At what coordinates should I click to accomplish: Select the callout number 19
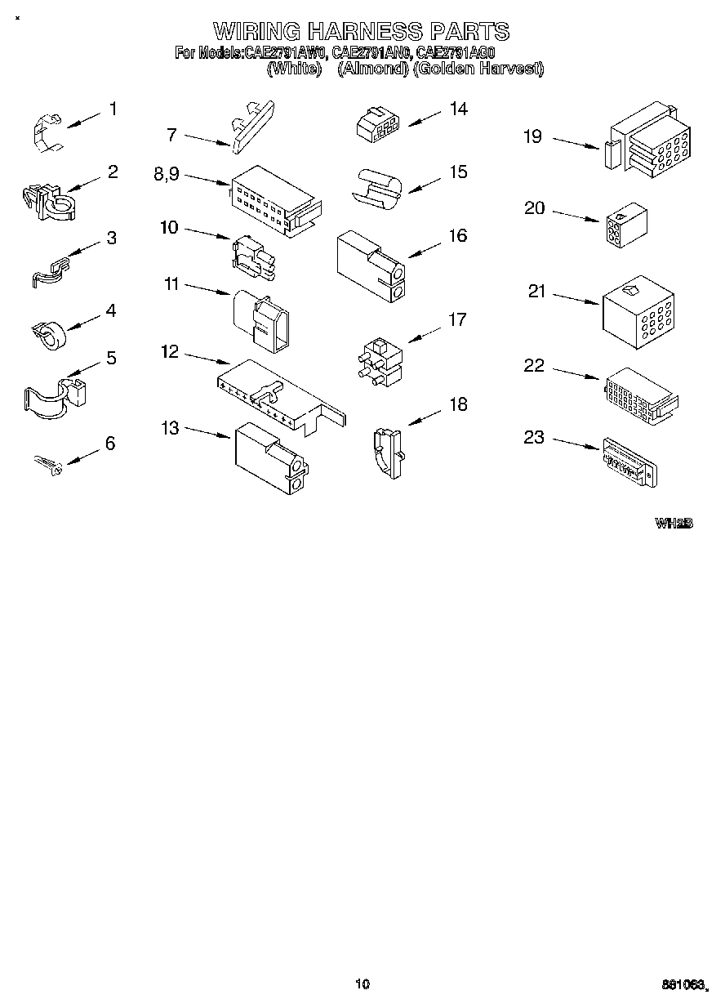point(532,136)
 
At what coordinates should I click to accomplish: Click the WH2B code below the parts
point(673,523)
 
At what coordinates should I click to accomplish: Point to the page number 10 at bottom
point(362,983)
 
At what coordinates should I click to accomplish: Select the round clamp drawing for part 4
point(50,330)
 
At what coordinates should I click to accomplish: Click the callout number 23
point(533,438)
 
